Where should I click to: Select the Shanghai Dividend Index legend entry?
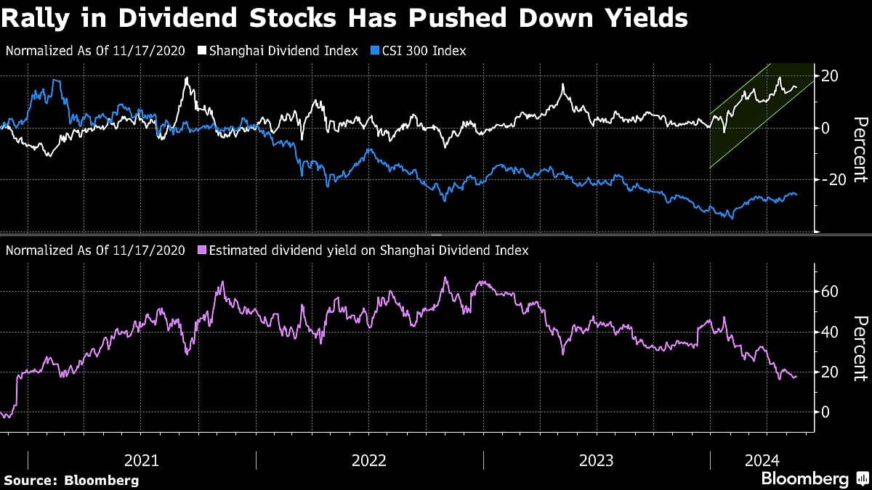tap(284, 51)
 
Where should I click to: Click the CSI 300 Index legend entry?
tap(422, 51)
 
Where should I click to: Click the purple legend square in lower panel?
tap(201, 250)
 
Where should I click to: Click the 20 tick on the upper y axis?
tap(831, 77)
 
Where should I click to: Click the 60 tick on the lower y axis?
tap(831, 292)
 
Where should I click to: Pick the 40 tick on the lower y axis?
tap(831, 332)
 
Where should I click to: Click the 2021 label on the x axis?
tap(142, 460)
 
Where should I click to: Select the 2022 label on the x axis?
tap(369, 460)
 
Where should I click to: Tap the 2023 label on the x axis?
tap(597, 460)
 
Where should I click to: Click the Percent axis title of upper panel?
tap(860, 149)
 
